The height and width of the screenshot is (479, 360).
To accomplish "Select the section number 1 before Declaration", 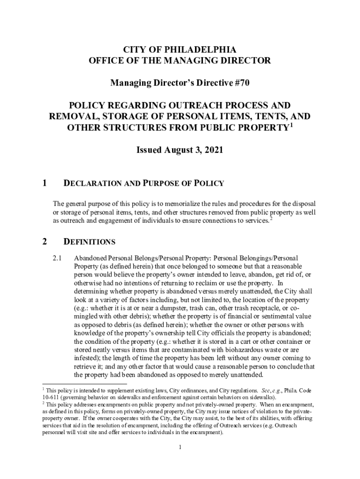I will coord(44,183).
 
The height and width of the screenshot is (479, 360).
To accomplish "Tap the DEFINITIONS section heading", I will coord(89,242).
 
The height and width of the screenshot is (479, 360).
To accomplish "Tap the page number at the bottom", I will coord(180,447).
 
